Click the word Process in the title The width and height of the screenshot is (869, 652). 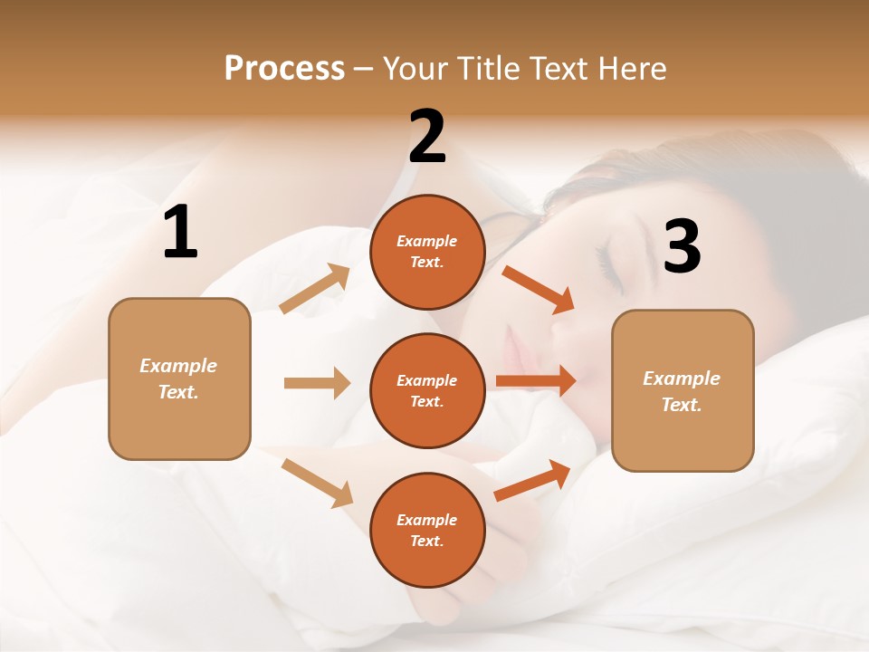[x=284, y=69]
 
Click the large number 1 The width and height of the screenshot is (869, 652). [x=180, y=233]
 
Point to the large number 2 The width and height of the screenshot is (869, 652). [x=427, y=137]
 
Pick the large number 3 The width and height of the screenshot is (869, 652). [x=682, y=246]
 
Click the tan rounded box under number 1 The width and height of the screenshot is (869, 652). [x=179, y=379]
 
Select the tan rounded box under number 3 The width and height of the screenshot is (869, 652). [x=683, y=390]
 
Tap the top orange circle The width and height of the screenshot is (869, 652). [x=427, y=252]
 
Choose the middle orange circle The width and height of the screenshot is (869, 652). [x=427, y=390]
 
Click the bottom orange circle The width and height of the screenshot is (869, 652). [x=427, y=530]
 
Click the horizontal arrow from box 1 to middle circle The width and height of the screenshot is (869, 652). [x=317, y=383]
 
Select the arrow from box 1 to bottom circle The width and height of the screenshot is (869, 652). [x=318, y=483]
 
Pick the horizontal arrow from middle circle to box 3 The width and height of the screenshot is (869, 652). [x=535, y=381]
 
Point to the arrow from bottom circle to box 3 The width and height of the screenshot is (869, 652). [x=532, y=481]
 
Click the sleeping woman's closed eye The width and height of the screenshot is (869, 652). [x=608, y=268]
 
